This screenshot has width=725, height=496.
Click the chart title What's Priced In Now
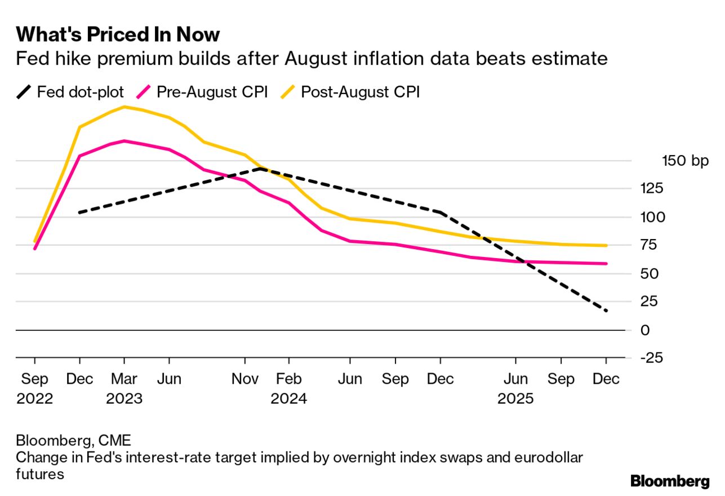coord(118,35)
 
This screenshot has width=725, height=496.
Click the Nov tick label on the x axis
coord(245,379)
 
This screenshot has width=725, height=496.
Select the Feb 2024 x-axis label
coord(289,389)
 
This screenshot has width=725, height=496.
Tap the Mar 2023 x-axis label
coord(123,389)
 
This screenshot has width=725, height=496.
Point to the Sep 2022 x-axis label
coord(35,389)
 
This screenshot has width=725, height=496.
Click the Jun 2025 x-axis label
coord(515,389)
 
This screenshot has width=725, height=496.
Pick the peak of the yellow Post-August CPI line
coord(124,107)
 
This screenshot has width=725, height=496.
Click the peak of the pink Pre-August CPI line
coord(124,140)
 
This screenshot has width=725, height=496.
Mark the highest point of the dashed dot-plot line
coord(260,168)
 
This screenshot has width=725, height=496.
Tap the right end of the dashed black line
coord(606,311)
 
